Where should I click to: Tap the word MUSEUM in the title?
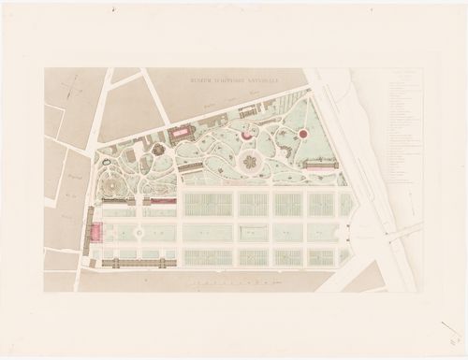pyautogui.click(x=199, y=84)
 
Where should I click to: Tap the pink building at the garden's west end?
pyautogui.click(x=92, y=230)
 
